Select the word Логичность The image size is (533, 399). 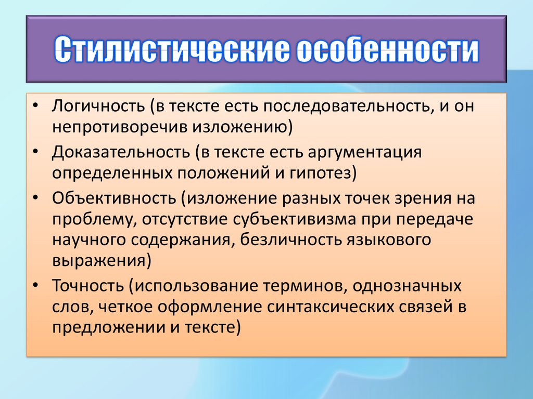tap(98, 106)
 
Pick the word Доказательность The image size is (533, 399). tap(121, 152)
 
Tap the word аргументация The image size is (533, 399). tap(365, 153)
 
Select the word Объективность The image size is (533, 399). tap(114, 198)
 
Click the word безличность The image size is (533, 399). tap(291, 240)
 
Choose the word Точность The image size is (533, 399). tap(88, 285)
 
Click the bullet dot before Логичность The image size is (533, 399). tap(35, 106)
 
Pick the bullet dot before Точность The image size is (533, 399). tap(35, 286)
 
